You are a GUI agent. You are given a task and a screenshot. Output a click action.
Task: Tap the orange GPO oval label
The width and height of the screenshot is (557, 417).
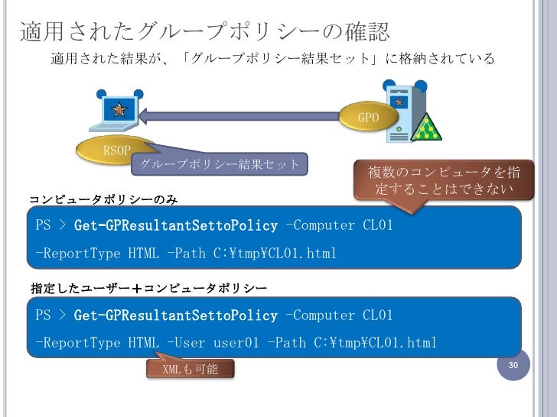pos(369,118)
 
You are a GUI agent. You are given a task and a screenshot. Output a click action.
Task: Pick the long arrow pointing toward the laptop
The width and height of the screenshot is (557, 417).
pos(245,117)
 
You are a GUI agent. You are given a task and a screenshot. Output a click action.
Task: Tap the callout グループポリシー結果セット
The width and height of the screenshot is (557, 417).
pos(220,164)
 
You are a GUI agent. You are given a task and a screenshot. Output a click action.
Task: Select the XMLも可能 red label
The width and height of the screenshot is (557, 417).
pos(191,370)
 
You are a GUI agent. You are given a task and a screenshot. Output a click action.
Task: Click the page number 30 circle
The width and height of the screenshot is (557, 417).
pos(514,367)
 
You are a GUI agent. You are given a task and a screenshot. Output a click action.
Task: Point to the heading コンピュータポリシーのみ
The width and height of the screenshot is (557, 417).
pos(103,199)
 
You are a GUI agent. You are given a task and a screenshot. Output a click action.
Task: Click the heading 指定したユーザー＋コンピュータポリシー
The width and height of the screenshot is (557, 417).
pos(148,289)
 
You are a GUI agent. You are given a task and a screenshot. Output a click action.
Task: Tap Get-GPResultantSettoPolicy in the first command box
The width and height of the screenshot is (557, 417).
pos(176,225)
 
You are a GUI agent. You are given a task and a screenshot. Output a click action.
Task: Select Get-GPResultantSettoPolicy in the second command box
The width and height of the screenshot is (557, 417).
pos(176,315)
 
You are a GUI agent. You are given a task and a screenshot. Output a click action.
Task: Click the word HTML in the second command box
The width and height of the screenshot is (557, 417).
pos(143,342)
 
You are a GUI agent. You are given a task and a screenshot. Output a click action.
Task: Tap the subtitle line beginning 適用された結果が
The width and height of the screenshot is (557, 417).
pos(272,59)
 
